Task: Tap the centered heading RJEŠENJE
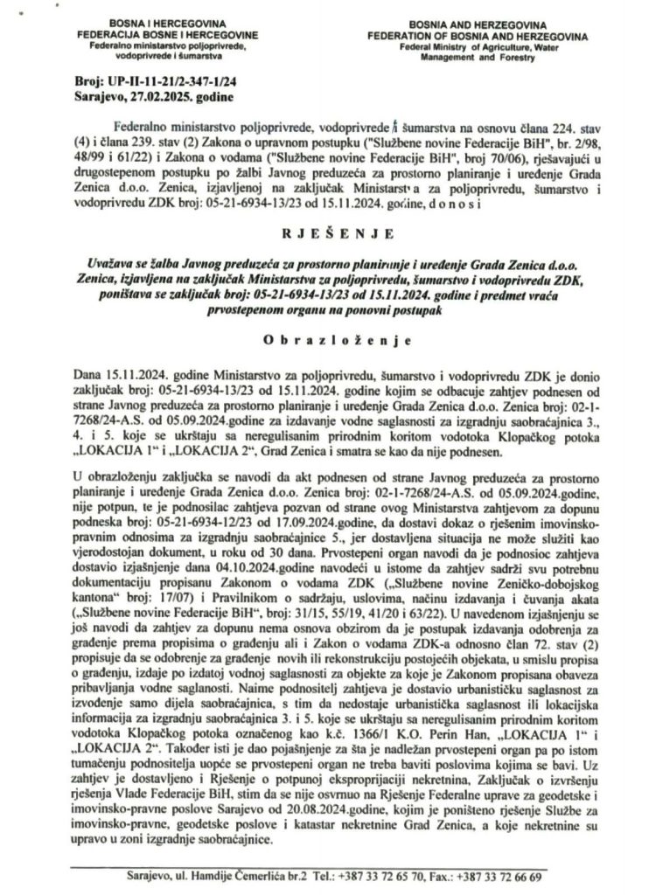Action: coord(323,234)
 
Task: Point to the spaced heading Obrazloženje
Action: coord(324,337)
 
